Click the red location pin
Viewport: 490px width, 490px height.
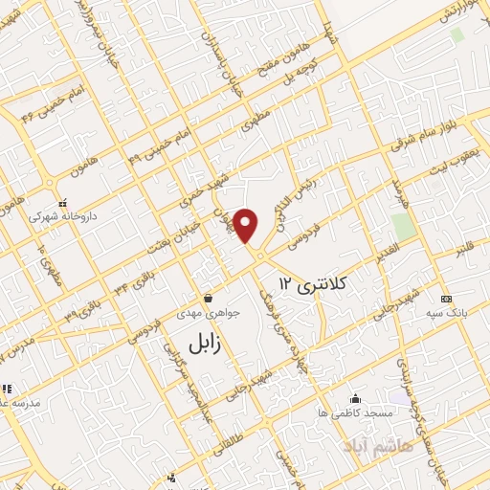pyautogui.click(x=247, y=224)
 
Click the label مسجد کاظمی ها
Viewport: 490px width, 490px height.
pyautogui.click(x=356, y=412)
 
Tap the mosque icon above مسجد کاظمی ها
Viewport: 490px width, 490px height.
pyautogui.click(x=356, y=398)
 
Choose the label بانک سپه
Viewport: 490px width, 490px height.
pyautogui.click(x=447, y=313)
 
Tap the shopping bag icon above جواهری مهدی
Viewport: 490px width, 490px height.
pyautogui.click(x=208, y=298)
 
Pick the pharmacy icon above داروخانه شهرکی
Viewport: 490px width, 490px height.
pyautogui.click(x=63, y=203)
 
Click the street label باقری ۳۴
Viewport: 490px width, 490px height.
pyautogui.click(x=131, y=292)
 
